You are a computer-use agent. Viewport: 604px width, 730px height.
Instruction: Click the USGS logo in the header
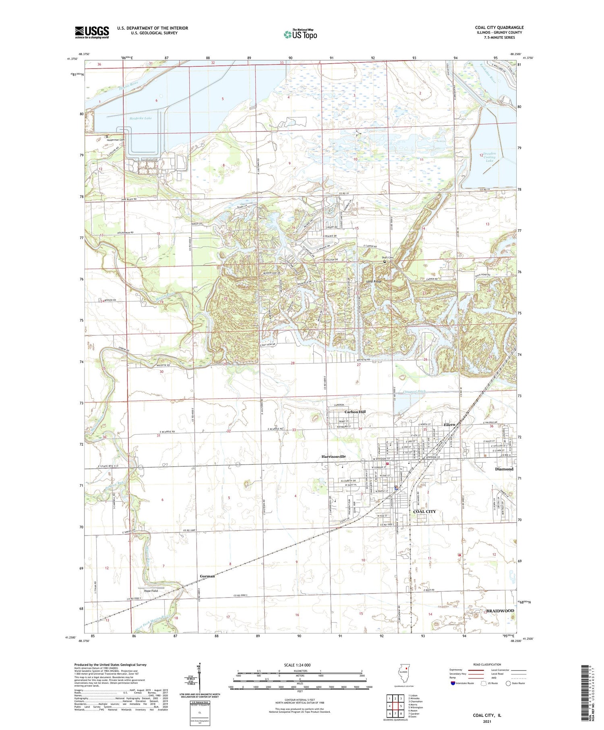click(x=92, y=32)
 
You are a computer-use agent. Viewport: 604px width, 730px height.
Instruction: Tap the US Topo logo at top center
click(x=300, y=34)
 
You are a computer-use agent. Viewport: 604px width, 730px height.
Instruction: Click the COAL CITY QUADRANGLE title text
click(x=499, y=27)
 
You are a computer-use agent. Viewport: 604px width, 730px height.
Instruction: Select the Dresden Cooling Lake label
click(x=489, y=157)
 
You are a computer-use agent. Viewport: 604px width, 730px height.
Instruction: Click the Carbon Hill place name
click(x=355, y=412)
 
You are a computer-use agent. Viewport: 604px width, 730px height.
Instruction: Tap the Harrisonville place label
click(x=333, y=457)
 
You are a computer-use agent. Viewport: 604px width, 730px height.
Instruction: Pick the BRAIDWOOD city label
click(x=500, y=611)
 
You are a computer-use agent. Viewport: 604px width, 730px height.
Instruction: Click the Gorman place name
click(x=207, y=576)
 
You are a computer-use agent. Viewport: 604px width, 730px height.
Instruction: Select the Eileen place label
click(x=449, y=424)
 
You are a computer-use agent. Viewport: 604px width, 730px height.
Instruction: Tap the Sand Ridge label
click(x=373, y=281)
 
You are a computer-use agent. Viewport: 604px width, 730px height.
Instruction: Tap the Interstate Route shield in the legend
click(x=453, y=683)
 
